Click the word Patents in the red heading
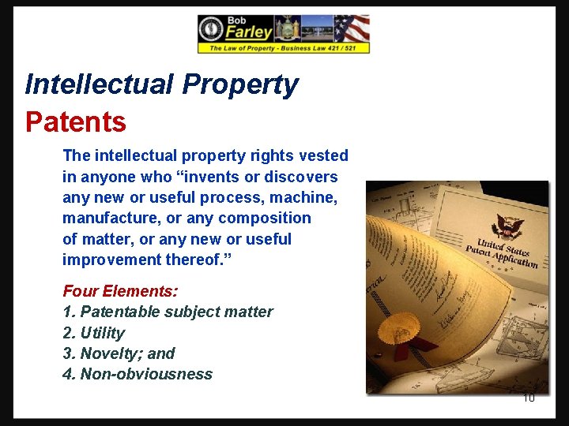point(76,122)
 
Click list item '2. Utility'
point(93,333)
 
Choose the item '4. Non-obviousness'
point(138,374)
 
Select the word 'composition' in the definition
point(265,218)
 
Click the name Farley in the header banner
point(248,32)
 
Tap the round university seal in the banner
point(210,29)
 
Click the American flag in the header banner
point(352,28)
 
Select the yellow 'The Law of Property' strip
point(283,48)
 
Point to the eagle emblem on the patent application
point(507,227)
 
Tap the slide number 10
point(529,397)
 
